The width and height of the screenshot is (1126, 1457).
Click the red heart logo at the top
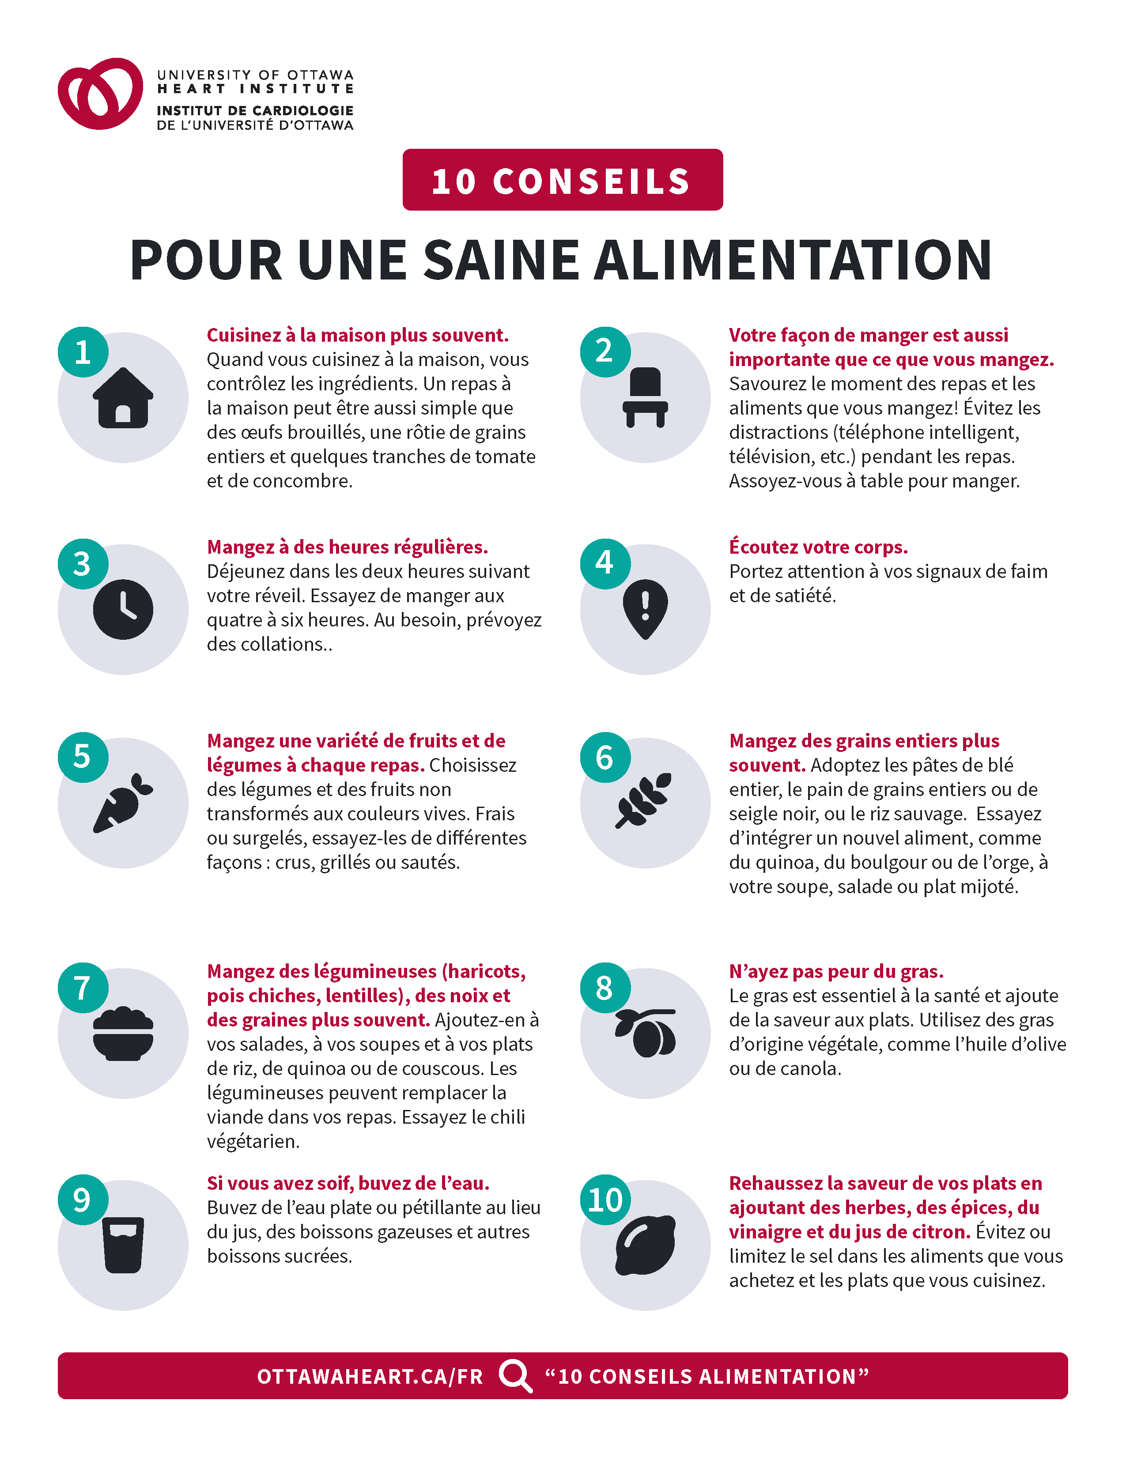pos(100,94)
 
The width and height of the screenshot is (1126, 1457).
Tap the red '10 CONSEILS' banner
pos(562,179)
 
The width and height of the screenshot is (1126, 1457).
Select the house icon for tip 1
pos(123,398)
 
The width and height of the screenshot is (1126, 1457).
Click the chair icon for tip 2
pos(645,398)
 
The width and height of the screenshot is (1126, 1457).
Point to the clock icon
pos(123,609)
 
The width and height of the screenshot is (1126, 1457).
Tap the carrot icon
pos(123,803)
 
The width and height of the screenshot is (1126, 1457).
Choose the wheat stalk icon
pos(644,800)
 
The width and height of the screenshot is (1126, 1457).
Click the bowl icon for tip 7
pos(123,1034)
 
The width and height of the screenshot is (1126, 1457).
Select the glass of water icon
pos(123,1245)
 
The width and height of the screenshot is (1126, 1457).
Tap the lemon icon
pos(645,1245)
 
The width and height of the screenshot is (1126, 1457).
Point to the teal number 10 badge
pos(605,1200)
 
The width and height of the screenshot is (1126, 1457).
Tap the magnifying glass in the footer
pos(516,1376)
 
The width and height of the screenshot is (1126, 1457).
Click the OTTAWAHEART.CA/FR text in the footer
pos(370,1376)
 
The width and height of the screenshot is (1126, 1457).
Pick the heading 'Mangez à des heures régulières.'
pos(348,547)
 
